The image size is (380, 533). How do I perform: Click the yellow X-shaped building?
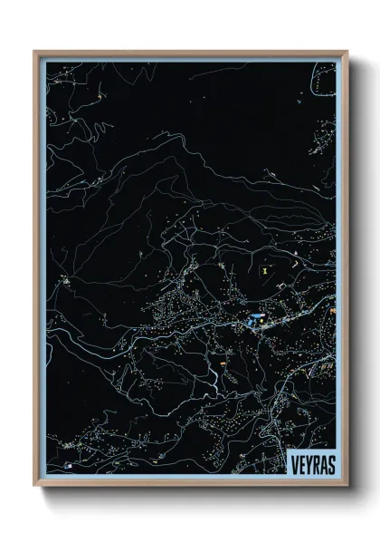(x=265, y=269)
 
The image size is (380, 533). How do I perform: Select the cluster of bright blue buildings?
(x=254, y=319)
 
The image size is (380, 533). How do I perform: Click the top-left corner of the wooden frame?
(x=35, y=52)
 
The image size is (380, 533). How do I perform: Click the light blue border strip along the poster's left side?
(x=41, y=272)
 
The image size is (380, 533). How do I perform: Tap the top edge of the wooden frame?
(x=190, y=52)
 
